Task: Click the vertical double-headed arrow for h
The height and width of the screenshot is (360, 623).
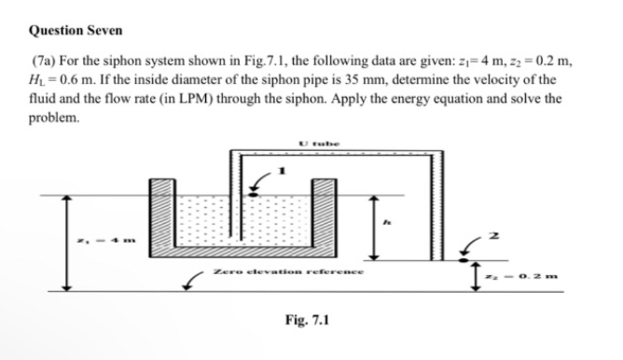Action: [x=374, y=228]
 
